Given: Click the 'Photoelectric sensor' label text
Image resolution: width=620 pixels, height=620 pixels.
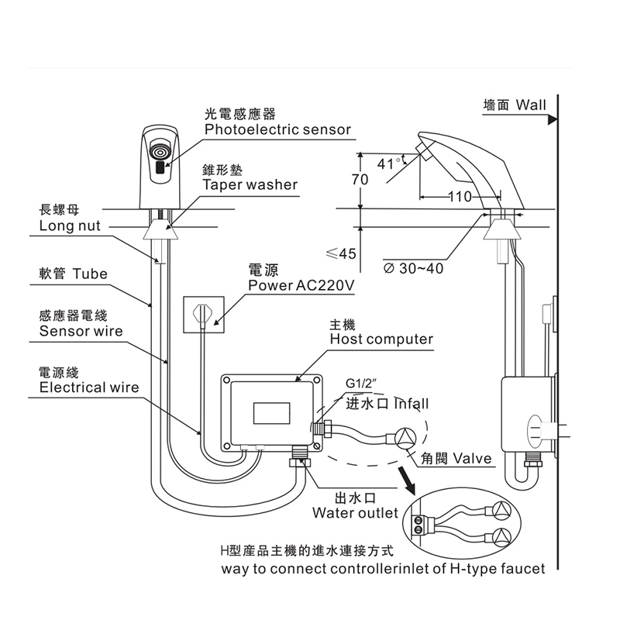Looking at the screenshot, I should pyautogui.click(x=277, y=129).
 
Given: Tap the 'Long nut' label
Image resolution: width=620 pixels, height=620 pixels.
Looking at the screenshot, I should pyautogui.click(x=69, y=226).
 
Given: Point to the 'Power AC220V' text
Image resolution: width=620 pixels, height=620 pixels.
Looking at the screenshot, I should pyautogui.click(x=301, y=286).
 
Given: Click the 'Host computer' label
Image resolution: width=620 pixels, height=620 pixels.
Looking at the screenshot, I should pyautogui.click(x=381, y=339).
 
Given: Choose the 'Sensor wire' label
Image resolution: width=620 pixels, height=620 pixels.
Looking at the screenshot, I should pyautogui.click(x=81, y=331).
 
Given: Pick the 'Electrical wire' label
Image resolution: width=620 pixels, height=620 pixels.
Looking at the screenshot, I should pyautogui.click(x=88, y=387).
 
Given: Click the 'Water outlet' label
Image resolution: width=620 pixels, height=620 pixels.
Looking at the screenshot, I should pyautogui.click(x=355, y=513).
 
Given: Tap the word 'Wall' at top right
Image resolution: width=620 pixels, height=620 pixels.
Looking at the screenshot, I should pyautogui.click(x=531, y=105).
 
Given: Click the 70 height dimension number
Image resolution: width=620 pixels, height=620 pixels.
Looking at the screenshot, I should pyautogui.click(x=360, y=180).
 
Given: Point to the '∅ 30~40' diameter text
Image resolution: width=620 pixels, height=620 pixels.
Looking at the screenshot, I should pyautogui.click(x=414, y=268).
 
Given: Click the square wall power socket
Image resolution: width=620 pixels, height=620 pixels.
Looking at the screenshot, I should pyautogui.click(x=201, y=315).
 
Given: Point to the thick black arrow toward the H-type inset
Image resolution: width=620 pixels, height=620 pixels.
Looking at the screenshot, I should pyautogui.click(x=406, y=480).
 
